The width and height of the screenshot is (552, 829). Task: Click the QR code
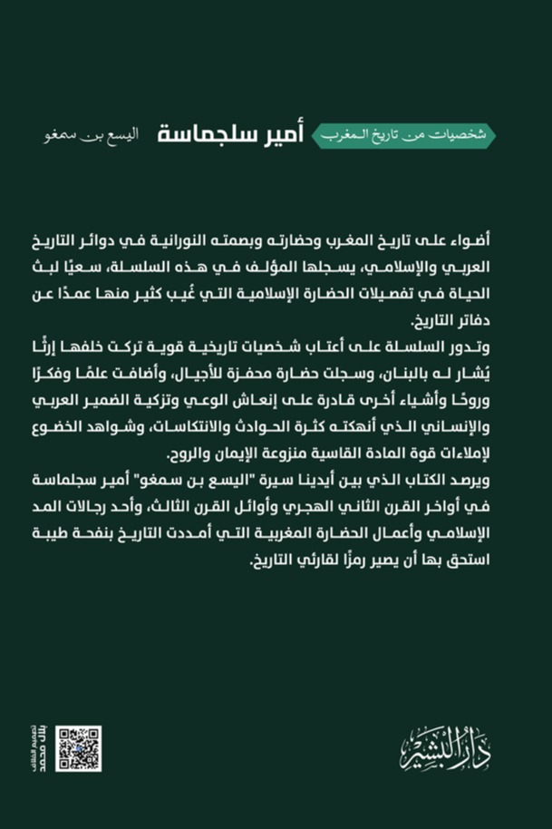point(78,748)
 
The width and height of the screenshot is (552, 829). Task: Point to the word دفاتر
point(504,322)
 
